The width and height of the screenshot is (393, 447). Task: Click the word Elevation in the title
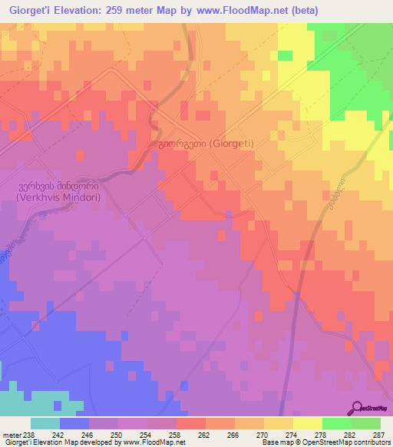pyautogui.click(x=83, y=11)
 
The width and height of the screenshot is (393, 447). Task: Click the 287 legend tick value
pyautogui.click(x=380, y=435)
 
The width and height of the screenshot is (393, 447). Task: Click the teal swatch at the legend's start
pyautogui.click(x=45, y=423)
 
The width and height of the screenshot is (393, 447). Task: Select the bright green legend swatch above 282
pyautogui.click(x=336, y=423)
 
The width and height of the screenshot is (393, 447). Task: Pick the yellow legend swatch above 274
pyautogui.click(x=307, y=423)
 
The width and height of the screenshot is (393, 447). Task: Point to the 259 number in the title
pyautogui.click(x=124, y=11)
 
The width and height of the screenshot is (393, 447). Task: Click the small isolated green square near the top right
pyautogui.click(x=285, y=55)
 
